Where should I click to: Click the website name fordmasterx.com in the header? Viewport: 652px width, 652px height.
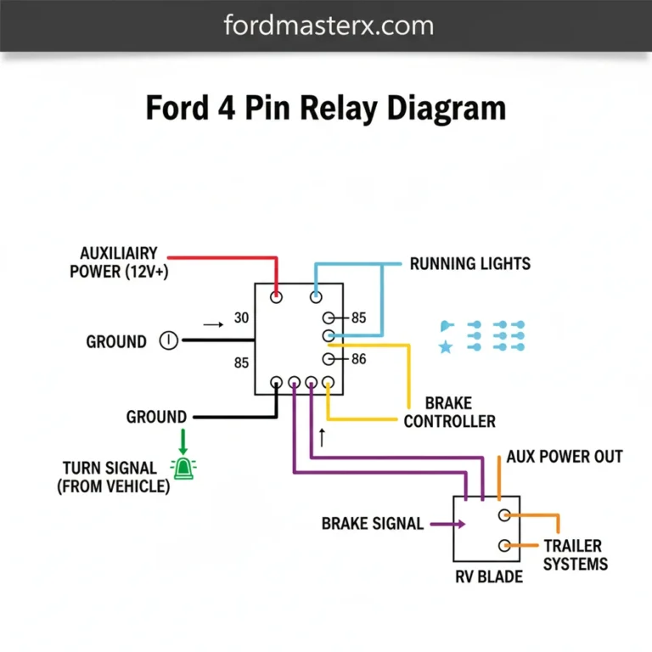coord(329,25)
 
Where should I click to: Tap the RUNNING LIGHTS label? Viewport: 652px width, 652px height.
coord(469,263)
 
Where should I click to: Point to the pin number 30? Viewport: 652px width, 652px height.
coord(241,318)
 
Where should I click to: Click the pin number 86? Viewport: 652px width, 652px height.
coord(358,359)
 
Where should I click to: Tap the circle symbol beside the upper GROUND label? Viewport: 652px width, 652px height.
coord(169,341)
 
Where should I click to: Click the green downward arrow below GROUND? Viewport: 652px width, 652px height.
coord(182,440)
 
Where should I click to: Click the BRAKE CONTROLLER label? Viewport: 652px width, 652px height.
coord(449,412)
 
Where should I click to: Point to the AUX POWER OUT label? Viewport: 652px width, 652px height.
coord(565,457)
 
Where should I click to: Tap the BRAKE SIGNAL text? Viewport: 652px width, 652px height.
coord(372,524)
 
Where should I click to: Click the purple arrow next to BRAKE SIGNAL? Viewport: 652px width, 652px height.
coord(448,524)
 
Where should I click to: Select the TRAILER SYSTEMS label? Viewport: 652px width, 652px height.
coord(575,555)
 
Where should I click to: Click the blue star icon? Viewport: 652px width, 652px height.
coord(445,347)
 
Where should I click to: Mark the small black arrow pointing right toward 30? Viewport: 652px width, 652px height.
coord(213,323)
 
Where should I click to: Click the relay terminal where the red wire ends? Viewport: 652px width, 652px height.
coord(277,297)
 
